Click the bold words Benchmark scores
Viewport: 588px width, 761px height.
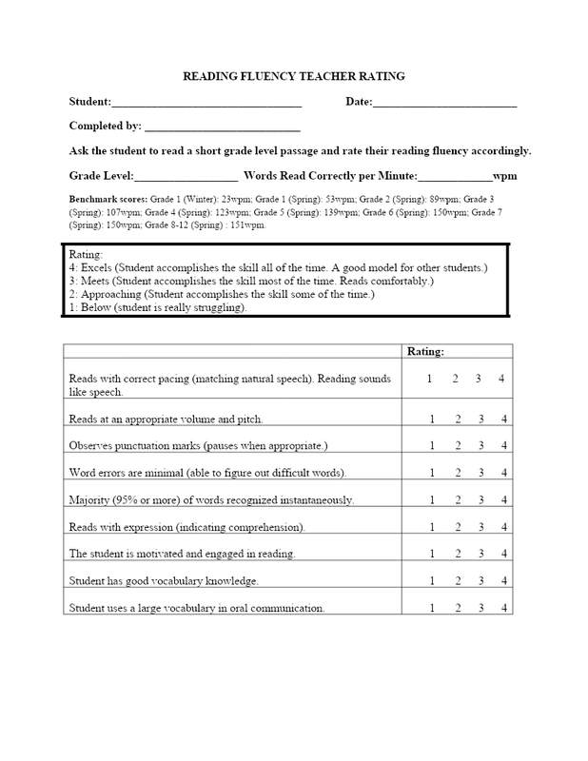(105, 202)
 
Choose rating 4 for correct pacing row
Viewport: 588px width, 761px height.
(502, 380)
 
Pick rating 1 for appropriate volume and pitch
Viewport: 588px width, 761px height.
(431, 419)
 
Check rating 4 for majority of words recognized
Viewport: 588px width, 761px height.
(502, 499)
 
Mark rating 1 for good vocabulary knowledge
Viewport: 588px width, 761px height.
(431, 580)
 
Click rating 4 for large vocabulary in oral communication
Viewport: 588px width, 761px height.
(502, 607)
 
